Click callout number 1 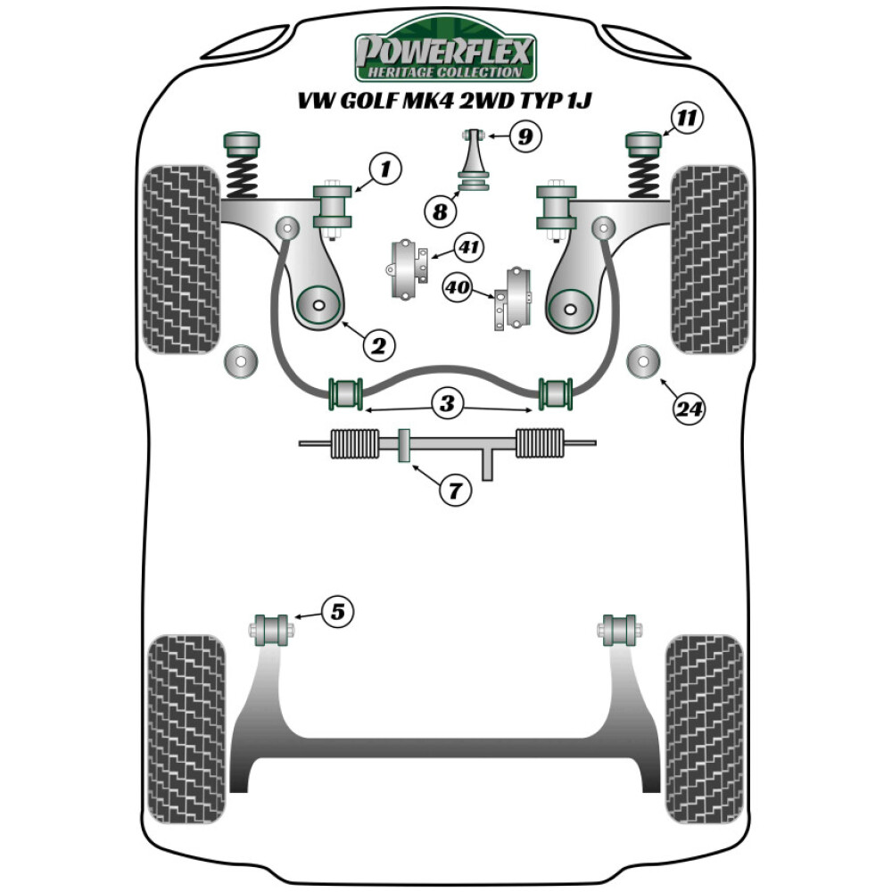[x=384, y=169]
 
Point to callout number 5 [x=337, y=611]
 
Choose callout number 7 [x=454, y=489]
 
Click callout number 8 [x=440, y=212]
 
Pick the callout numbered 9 [x=525, y=136]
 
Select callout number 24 [x=690, y=409]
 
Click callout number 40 [x=458, y=287]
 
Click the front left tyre [x=181, y=259]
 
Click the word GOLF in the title [x=376, y=100]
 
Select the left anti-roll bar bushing [x=346, y=392]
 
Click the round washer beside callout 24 [x=644, y=361]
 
